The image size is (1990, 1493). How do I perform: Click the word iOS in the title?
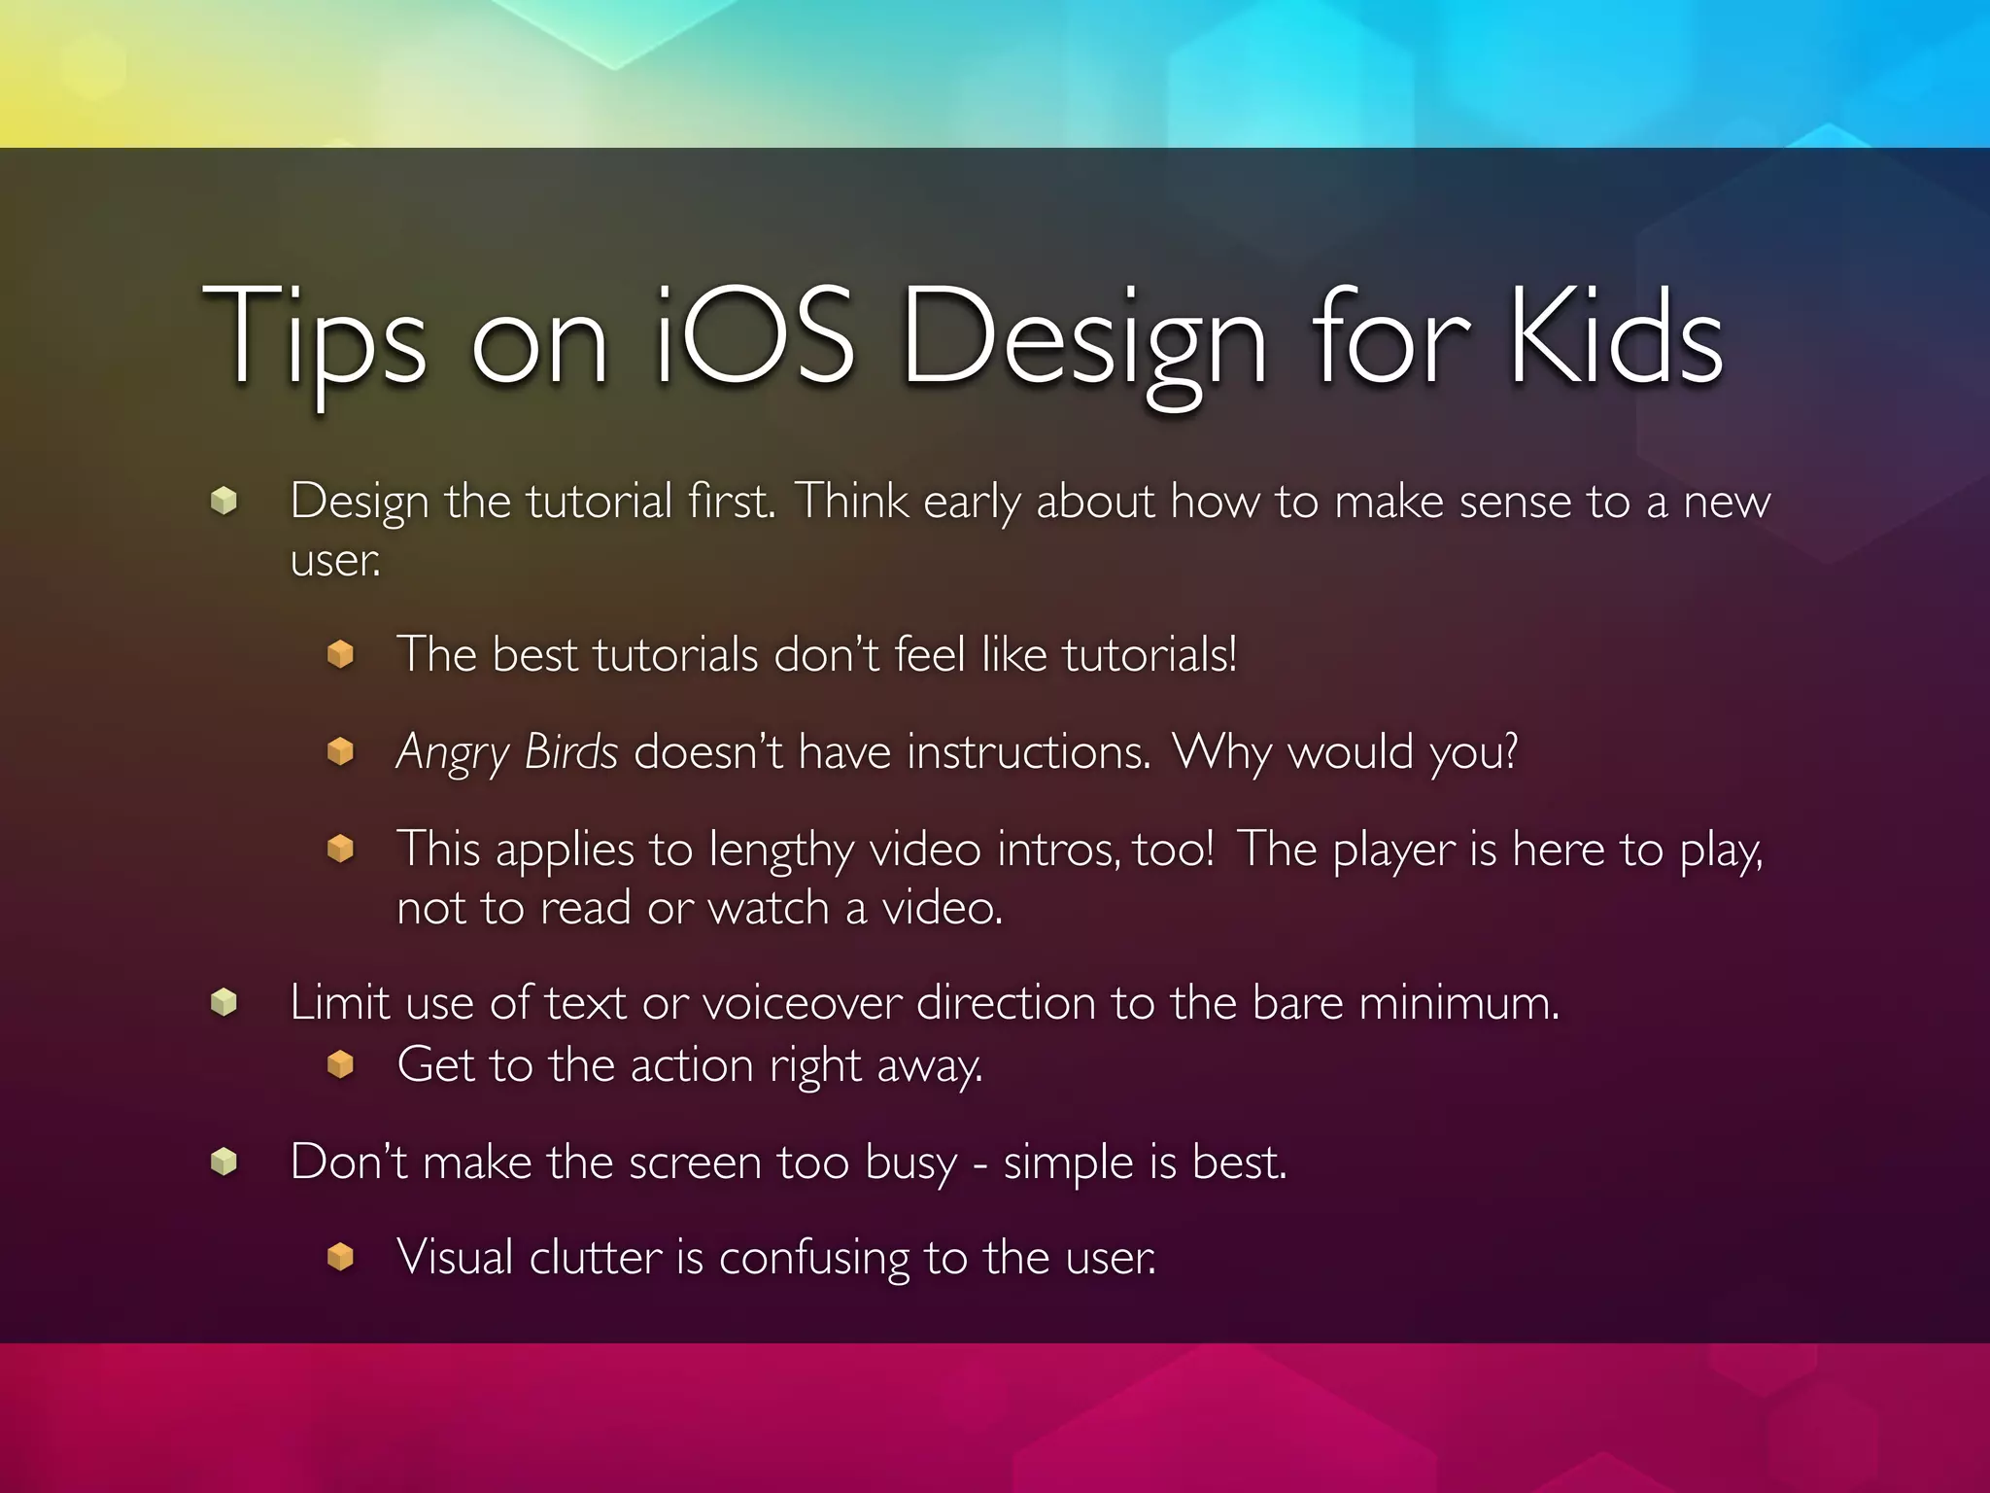point(756,336)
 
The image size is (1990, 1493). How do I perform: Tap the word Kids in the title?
point(1616,336)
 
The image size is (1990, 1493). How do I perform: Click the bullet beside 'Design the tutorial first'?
point(224,501)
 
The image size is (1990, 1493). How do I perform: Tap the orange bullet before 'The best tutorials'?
point(340,654)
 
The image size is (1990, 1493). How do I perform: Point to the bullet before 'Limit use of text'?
point(224,1002)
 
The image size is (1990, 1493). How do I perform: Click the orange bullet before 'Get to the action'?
point(340,1065)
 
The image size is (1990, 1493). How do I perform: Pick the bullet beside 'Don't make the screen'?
point(224,1162)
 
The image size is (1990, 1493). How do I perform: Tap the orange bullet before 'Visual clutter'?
point(340,1257)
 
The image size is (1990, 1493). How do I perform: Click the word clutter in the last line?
point(596,1258)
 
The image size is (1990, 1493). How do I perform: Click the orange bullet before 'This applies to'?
point(340,850)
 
